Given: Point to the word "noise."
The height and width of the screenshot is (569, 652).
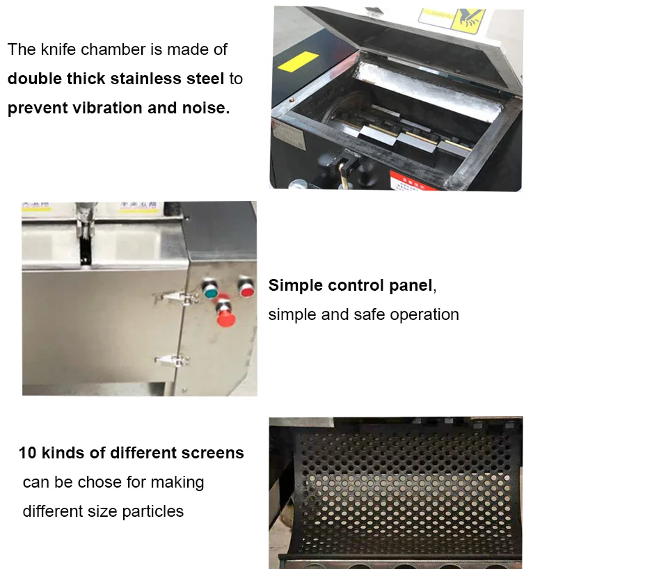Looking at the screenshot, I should (206, 108).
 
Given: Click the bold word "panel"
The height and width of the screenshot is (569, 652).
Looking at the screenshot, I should (407, 285).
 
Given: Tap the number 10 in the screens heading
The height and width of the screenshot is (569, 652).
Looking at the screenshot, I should (27, 453).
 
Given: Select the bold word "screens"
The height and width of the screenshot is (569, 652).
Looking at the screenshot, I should (212, 453).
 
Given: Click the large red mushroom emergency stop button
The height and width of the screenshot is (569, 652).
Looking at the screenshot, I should (225, 317).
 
